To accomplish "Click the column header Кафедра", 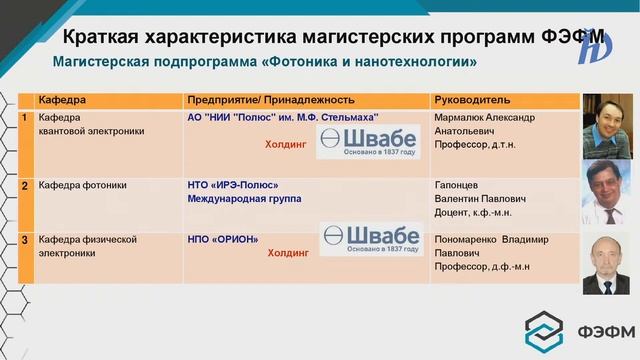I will (62, 101).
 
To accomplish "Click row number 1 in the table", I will (25, 118).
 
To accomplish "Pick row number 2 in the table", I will (25, 186).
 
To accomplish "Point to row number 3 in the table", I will (25, 240).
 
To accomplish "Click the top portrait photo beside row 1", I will (607, 125).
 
